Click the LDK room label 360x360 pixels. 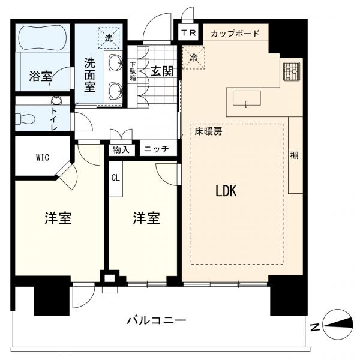pos(226,191)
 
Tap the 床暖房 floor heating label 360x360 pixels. pos(208,132)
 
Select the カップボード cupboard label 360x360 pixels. pos(235,33)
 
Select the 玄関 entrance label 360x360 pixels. pos(162,71)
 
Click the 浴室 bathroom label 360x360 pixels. pos(41,76)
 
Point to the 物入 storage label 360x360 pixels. pos(122,149)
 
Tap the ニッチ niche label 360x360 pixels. pos(156,149)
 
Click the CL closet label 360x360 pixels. pos(115,178)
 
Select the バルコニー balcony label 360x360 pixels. pos(156,320)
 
